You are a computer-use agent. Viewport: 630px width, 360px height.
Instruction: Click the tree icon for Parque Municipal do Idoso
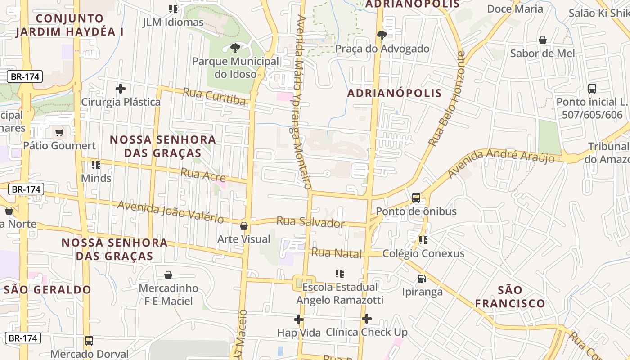click(234, 48)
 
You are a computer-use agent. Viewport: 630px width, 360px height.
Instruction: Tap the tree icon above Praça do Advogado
click(382, 35)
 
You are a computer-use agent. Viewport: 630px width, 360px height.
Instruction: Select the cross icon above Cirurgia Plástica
click(120, 89)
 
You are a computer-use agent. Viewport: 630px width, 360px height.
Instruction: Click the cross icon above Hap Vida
click(298, 319)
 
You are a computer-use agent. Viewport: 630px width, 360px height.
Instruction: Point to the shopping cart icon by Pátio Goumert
click(59, 132)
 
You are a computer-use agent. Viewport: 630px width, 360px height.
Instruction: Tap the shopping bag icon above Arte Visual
click(244, 226)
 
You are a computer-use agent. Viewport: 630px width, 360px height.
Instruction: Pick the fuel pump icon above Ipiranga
click(422, 279)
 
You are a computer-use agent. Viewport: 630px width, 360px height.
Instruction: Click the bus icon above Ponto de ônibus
click(416, 198)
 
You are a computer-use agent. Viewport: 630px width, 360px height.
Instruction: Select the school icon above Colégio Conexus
click(423, 240)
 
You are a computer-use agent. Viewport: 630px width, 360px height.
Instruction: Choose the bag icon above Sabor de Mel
click(543, 40)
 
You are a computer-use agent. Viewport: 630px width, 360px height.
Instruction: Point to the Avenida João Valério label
click(171, 212)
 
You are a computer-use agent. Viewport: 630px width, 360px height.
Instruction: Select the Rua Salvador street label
click(310, 222)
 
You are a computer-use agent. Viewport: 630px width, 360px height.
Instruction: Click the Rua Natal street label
click(337, 253)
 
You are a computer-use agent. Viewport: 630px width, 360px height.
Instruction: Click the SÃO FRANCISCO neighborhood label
click(510, 297)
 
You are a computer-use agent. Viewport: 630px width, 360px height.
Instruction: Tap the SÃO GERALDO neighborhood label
click(48, 289)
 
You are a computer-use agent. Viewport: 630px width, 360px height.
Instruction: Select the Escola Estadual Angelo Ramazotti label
click(340, 293)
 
